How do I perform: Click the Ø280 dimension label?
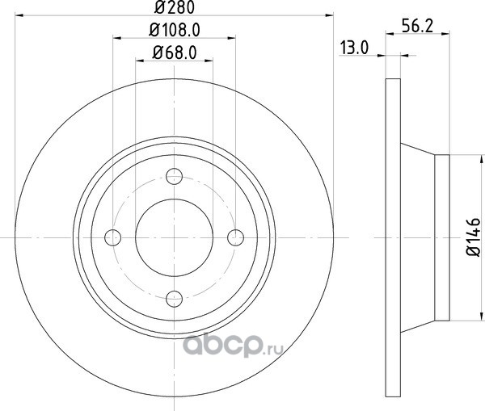[x=175, y=7]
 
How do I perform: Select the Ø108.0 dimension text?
[x=175, y=31]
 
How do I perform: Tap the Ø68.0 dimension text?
[x=175, y=52]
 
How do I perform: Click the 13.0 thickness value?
[x=355, y=48]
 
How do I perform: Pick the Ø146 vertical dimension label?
[x=474, y=237]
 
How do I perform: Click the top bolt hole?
[x=174, y=177]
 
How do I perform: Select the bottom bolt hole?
[x=174, y=299]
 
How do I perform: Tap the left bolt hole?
[x=113, y=237]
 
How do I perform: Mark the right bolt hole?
[x=235, y=237]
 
